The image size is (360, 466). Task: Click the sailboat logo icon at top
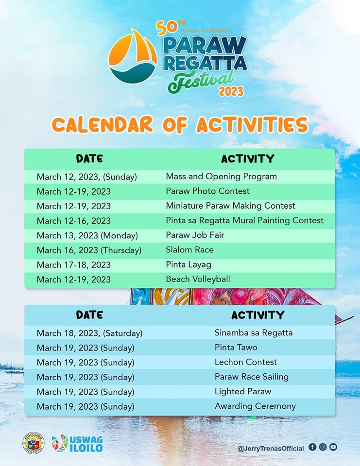(x=133, y=56)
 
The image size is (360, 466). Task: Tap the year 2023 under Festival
(x=231, y=91)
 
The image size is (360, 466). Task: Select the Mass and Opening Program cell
(x=221, y=176)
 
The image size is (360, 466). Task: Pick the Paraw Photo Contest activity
(x=207, y=191)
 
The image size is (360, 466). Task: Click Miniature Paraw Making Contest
(x=230, y=206)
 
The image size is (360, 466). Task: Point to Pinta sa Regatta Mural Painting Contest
(x=244, y=220)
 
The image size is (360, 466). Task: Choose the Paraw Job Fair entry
(x=195, y=235)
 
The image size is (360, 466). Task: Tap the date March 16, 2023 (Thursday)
(x=89, y=250)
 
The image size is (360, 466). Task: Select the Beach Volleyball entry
(x=198, y=279)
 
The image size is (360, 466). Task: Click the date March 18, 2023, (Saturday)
(x=89, y=333)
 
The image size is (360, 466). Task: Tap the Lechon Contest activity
(x=245, y=362)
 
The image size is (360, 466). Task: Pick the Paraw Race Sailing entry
(x=251, y=377)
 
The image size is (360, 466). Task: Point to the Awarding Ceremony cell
(x=255, y=406)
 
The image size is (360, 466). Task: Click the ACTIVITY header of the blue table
(x=257, y=315)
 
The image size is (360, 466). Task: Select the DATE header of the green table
(x=89, y=159)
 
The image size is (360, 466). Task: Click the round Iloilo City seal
(x=34, y=443)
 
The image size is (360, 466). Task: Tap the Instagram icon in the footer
(x=323, y=447)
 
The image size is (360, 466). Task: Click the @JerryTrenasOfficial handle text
(x=271, y=449)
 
